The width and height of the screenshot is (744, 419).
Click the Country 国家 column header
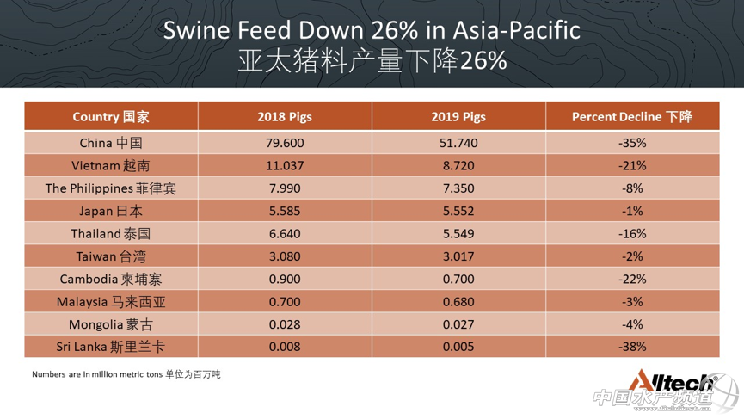coord(111,117)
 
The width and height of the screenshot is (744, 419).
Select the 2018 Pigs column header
coord(285,117)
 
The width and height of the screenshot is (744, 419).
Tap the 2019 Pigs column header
coord(458,117)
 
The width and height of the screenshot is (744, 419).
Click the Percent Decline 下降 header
coord(632,117)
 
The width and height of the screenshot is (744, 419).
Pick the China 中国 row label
coord(111,143)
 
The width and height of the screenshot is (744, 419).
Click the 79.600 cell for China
coord(285,143)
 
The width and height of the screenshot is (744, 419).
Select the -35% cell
coord(632,143)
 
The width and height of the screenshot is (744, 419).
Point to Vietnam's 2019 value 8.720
coord(458,165)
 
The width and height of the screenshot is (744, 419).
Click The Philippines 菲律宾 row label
coord(111,188)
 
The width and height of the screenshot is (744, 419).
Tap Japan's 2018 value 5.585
coord(285,211)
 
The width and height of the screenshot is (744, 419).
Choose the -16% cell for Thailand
coord(632,234)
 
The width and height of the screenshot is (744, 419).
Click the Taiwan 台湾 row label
coord(111,256)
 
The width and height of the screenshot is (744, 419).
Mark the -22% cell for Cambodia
coord(632,279)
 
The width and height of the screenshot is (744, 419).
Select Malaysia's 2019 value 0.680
coord(458,302)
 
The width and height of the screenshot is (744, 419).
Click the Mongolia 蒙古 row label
coord(111,324)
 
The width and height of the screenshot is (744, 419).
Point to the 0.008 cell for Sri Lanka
coord(285,347)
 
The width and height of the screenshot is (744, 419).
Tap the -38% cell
coord(632,347)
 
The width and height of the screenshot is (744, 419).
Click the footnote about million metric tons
coord(126,374)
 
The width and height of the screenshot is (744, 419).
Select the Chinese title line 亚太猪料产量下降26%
coord(372,61)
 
